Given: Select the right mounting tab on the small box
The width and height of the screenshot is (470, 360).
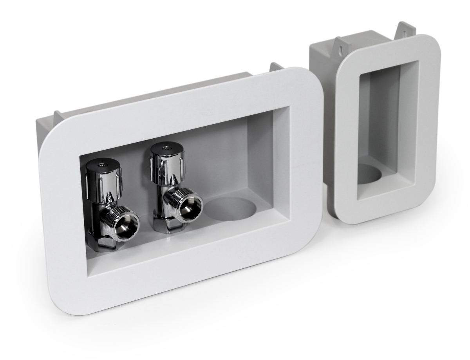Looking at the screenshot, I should tap(406, 29).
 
